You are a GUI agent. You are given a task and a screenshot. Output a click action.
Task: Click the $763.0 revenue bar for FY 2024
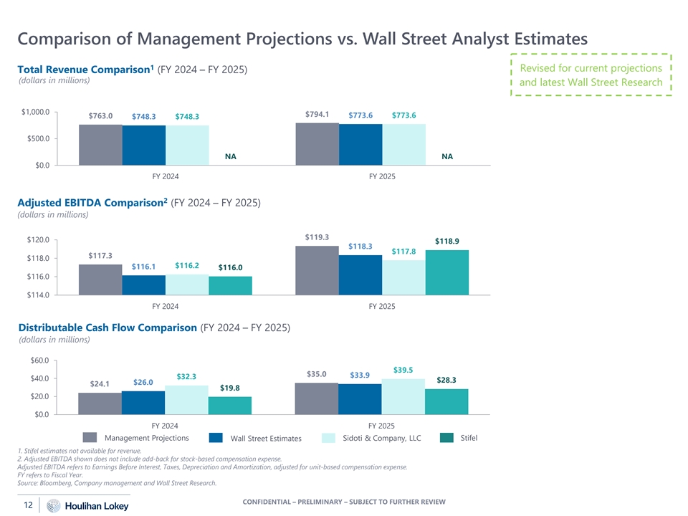point(100,145)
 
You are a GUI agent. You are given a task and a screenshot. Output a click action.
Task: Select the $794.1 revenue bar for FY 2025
point(317,144)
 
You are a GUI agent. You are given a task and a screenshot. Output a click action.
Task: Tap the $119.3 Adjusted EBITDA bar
point(317,270)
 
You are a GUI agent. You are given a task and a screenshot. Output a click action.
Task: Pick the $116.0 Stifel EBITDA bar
point(230,285)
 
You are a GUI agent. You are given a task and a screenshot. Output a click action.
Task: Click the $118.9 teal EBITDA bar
point(446,272)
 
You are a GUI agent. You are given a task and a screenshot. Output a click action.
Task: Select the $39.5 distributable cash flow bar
point(403,396)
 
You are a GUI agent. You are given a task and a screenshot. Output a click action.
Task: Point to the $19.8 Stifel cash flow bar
point(230,406)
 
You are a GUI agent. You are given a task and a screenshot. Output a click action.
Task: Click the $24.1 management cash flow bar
point(100,403)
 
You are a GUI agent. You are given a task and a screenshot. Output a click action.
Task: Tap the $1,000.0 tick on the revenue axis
point(35,112)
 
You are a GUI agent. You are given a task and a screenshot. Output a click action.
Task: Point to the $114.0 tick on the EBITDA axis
point(38,295)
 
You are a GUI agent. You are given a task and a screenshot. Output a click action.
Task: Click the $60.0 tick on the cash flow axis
point(39,360)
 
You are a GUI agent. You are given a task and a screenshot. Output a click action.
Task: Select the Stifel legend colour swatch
point(446,438)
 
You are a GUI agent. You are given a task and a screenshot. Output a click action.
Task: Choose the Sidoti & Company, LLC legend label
point(381,438)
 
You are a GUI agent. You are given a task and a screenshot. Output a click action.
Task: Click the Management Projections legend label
point(146,438)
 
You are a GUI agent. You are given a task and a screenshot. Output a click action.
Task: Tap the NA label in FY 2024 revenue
point(230,156)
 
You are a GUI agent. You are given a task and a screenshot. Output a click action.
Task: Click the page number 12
point(28,506)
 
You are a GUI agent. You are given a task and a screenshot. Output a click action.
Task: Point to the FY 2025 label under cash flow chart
point(381,424)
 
